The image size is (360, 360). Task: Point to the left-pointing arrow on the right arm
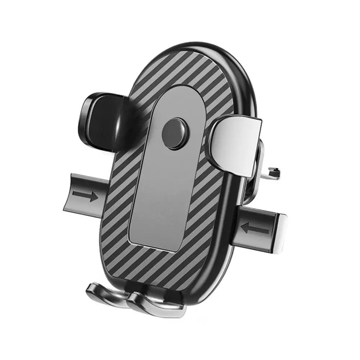pyautogui.click(x=255, y=228)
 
